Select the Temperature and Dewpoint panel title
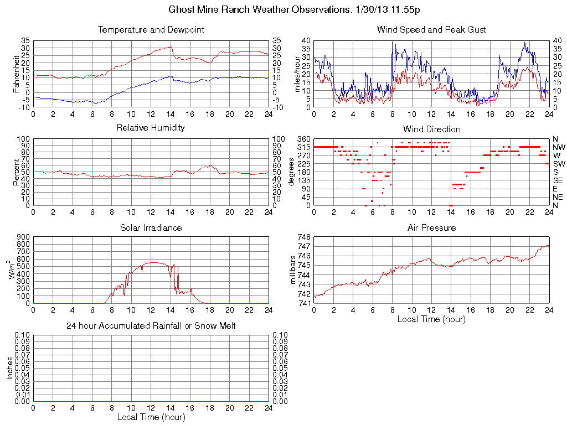coord(151,30)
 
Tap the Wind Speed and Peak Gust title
coord(431,30)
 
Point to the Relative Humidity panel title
coord(151,128)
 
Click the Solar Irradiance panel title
coord(151,227)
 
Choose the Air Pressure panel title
coord(431,227)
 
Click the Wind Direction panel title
coord(431,129)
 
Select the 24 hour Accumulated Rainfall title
coord(151,326)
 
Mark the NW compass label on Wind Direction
coord(559,147)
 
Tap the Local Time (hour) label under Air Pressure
coord(431,319)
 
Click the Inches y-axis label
coord(9,368)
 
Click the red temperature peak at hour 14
coord(171,47)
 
